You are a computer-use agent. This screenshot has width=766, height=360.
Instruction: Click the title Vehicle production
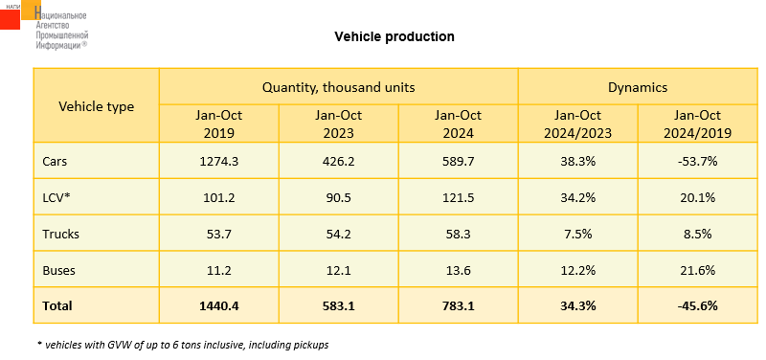click(x=394, y=36)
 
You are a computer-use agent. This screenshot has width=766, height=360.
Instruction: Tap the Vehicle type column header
click(x=97, y=106)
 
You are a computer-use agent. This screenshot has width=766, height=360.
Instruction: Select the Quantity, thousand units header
click(x=339, y=87)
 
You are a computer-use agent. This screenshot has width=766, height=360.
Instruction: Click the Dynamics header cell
click(x=638, y=87)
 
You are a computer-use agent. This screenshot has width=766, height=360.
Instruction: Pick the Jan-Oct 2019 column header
click(x=219, y=124)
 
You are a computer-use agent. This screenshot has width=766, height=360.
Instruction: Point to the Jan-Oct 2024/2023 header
click(x=578, y=124)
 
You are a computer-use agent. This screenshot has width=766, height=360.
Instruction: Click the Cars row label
click(x=55, y=162)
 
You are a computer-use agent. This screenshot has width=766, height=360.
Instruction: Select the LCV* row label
click(x=56, y=198)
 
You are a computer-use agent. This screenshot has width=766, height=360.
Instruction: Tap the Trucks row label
click(x=60, y=234)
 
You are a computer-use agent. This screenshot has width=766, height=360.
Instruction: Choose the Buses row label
click(x=58, y=270)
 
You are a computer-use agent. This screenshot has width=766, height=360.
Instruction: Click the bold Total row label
click(x=57, y=306)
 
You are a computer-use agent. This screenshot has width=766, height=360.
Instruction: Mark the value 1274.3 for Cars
click(x=219, y=162)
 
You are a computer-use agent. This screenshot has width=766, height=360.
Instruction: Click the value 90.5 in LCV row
click(x=339, y=198)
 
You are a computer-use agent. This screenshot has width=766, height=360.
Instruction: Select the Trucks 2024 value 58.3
click(x=459, y=234)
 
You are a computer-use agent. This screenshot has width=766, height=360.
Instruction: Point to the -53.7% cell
click(x=698, y=162)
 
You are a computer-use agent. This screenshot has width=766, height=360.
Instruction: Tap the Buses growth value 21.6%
click(x=698, y=270)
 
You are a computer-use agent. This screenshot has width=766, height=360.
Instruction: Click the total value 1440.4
click(x=219, y=306)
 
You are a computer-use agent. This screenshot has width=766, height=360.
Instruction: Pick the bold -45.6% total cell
click(x=698, y=306)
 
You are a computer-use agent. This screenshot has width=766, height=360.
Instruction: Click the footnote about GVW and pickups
click(x=183, y=345)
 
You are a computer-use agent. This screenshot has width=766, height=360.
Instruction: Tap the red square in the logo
click(x=10, y=18)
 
